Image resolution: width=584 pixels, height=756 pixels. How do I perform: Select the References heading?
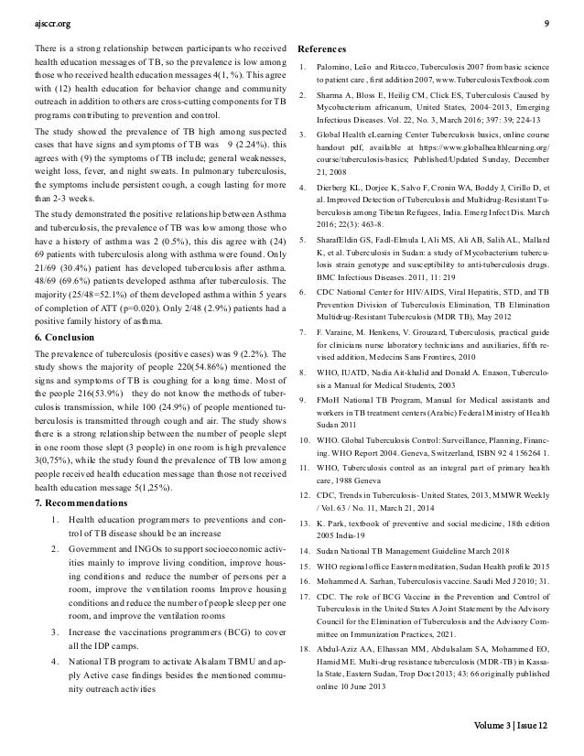tap(321, 48)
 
